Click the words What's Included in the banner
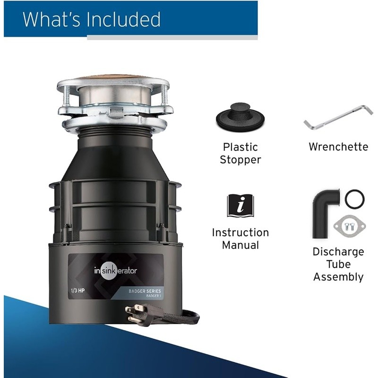coord(92,19)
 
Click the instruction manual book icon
coord(240,206)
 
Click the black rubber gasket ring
coord(354,199)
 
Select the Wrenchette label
coord(338,147)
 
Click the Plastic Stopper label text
coord(241,153)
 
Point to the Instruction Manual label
coord(240,239)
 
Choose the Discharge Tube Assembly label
coord(338,264)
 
